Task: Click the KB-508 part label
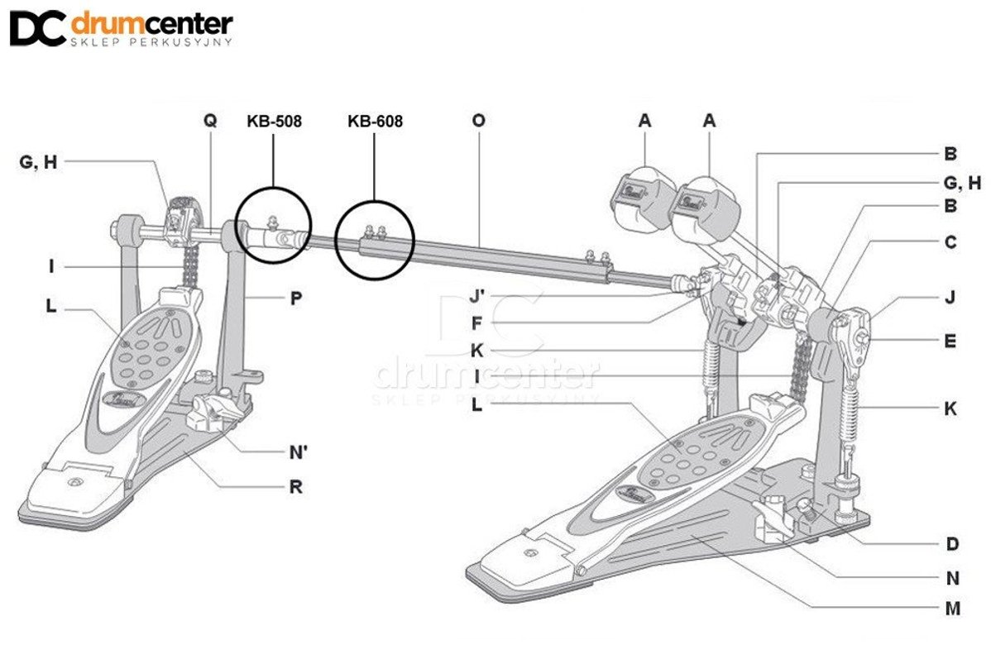(274, 122)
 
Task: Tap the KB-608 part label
(375, 122)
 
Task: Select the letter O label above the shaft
(478, 121)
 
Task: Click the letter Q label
(210, 121)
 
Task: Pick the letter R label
(295, 487)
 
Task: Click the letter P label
(295, 299)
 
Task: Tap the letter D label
(952, 543)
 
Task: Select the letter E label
(950, 339)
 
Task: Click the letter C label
(950, 242)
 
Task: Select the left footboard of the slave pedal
(124, 389)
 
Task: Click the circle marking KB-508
(274, 225)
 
